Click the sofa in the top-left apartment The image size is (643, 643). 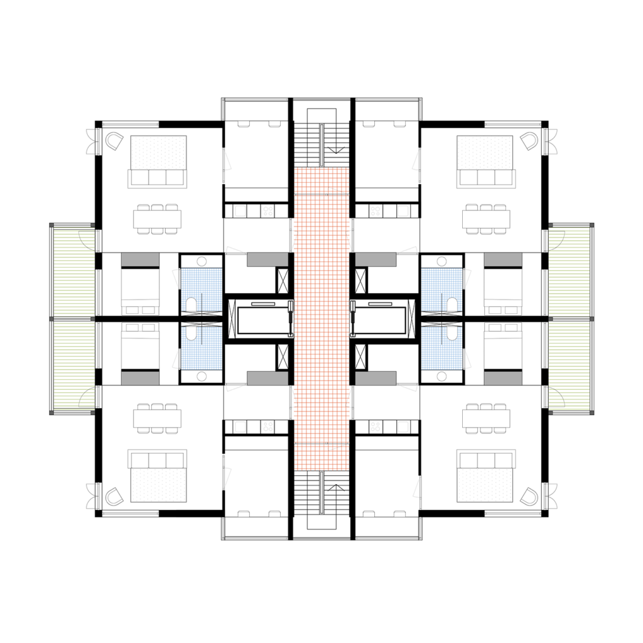[x=157, y=178]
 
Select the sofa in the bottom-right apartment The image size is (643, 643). [x=486, y=459]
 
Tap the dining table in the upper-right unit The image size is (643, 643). [x=486, y=219]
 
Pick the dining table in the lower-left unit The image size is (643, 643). [x=157, y=418]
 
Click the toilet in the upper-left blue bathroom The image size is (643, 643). [x=191, y=305]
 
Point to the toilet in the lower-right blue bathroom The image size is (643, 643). [x=452, y=333]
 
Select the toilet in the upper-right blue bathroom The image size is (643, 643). [x=452, y=305]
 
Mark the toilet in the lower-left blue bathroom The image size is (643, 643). [x=191, y=333]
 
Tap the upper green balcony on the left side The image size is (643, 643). [x=74, y=271]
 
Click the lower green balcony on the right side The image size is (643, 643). [x=569, y=365]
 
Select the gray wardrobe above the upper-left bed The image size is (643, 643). [x=140, y=259]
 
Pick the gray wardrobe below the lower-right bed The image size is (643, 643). [x=503, y=378]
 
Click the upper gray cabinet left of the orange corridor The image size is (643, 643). [x=267, y=259]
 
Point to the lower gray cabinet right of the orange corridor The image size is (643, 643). [x=376, y=378]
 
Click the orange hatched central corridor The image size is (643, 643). [x=321, y=318]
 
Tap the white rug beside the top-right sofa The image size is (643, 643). [x=485, y=152]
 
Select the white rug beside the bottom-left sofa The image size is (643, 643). [x=158, y=485]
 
